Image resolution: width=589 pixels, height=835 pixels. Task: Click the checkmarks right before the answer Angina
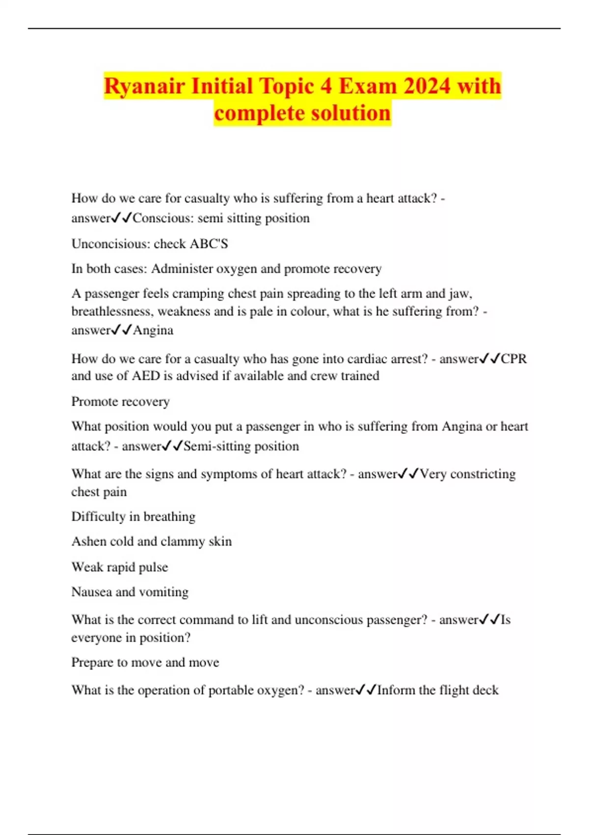pyautogui.click(x=122, y=330)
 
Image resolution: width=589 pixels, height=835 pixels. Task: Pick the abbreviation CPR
pyautogui.click(x=513, y=359)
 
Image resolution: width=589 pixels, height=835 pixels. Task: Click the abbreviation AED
pyautogui.click(x=146, y=376)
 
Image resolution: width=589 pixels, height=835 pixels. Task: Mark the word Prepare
pyautogui.click(x=92, y=663)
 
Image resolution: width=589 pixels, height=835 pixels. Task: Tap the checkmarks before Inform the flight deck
pyautogui.click(x=366, y=691)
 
